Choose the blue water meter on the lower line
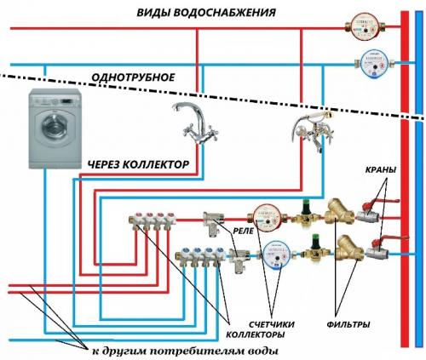point(274,253)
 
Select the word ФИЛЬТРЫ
point(349,324)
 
